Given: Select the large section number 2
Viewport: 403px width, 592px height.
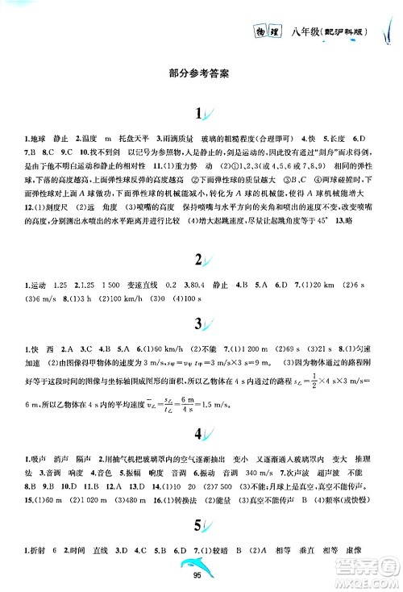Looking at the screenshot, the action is (198, 261).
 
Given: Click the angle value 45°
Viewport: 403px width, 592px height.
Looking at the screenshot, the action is (323, 231).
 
